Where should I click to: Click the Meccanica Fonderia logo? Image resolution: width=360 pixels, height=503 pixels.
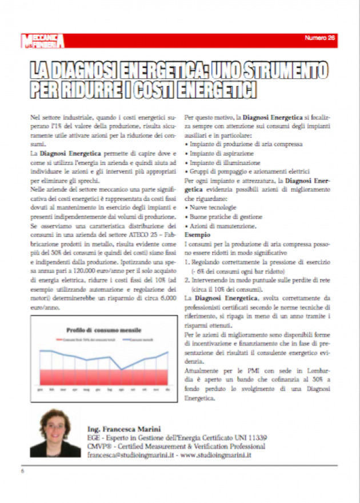(43, 41)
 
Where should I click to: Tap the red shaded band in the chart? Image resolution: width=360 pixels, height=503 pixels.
(103, 376)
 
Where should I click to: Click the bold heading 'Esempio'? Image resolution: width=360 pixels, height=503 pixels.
(198, 234)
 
